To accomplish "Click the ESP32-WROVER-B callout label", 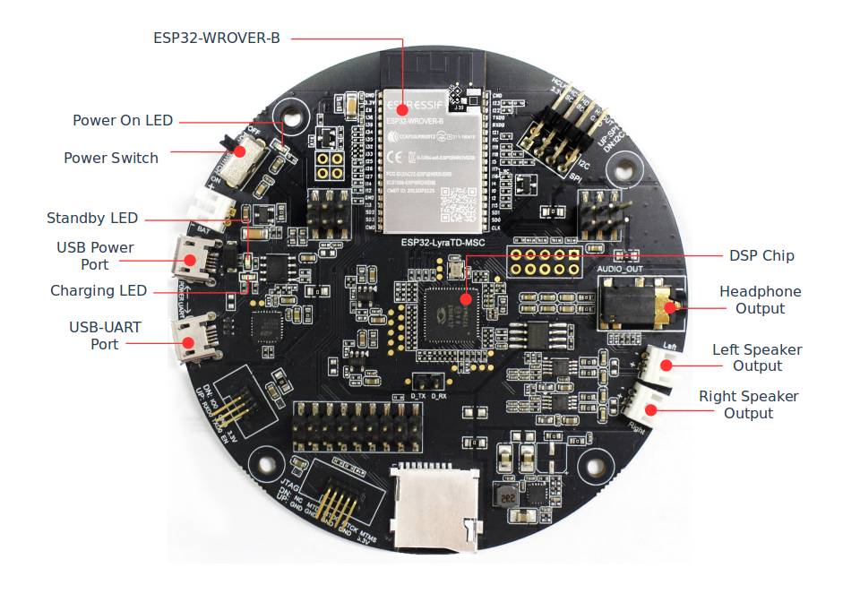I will coord(218,39).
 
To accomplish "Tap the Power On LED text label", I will coord(123,120).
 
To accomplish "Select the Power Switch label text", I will coord(111,158).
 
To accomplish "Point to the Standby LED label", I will coord(92,219).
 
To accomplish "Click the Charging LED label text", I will coord(99,290).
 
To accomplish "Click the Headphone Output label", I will coord(760,300).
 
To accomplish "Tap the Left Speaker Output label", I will coord(757,357).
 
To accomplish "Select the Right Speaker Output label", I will coord(748,404).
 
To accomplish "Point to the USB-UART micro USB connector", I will coord(193,339).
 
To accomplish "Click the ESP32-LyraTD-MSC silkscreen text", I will coord(434,241).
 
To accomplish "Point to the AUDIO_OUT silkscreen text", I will coord(622,268).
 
